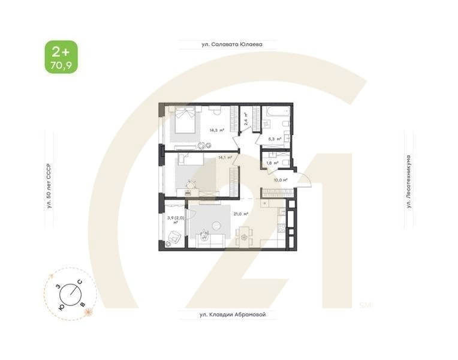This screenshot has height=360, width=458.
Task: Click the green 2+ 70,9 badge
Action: (61, 57)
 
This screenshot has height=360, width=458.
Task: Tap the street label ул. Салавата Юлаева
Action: (222, 44)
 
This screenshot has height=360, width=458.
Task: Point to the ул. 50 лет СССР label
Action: (50, 186)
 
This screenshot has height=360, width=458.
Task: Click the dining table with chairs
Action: (243, 236)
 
